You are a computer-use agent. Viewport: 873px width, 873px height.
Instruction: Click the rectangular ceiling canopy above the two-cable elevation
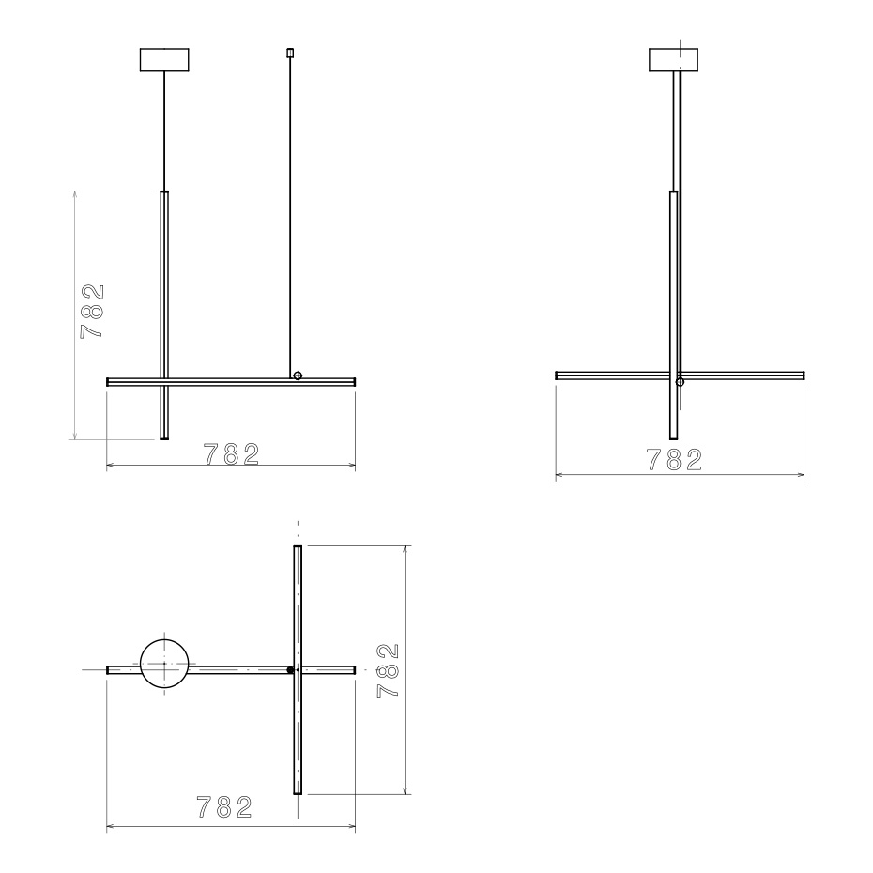[x=164, y=59]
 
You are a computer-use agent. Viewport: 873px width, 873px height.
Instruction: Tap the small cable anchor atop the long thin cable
[x=290, y=52]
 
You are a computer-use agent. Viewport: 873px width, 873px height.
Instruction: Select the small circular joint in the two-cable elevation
[x=298, y=375]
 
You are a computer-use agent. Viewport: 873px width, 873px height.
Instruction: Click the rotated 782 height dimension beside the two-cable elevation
[x=92, y=312]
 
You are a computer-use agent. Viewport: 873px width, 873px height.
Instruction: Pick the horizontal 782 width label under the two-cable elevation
[x=231, y=453]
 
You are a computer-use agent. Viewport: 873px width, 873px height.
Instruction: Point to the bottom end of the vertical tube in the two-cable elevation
[x=165, y=436]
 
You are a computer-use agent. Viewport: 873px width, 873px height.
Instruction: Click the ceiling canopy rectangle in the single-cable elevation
[x=675, y=59]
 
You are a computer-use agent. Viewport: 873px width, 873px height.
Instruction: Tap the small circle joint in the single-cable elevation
[x=681, y=382]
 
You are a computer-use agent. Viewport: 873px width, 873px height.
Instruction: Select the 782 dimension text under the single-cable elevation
[x=674, y=460]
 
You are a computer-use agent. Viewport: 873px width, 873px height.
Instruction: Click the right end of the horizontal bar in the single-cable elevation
[x=802, y=375]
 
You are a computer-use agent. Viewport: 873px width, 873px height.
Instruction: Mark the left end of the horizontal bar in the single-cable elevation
[x=558, y=375]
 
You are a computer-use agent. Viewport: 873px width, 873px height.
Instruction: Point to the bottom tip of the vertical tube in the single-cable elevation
[x=673, y=436]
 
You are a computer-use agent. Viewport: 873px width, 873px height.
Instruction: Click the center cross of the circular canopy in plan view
[x=164, y=664]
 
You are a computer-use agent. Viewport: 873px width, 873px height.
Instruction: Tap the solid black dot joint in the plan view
[x=290, y=670]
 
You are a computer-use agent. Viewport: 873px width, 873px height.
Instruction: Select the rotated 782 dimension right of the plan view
[x=388, y=669]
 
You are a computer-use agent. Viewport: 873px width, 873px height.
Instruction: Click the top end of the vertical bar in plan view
[x=298, y=548]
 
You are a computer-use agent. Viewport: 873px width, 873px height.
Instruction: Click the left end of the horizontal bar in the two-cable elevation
[x=109, y=382]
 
